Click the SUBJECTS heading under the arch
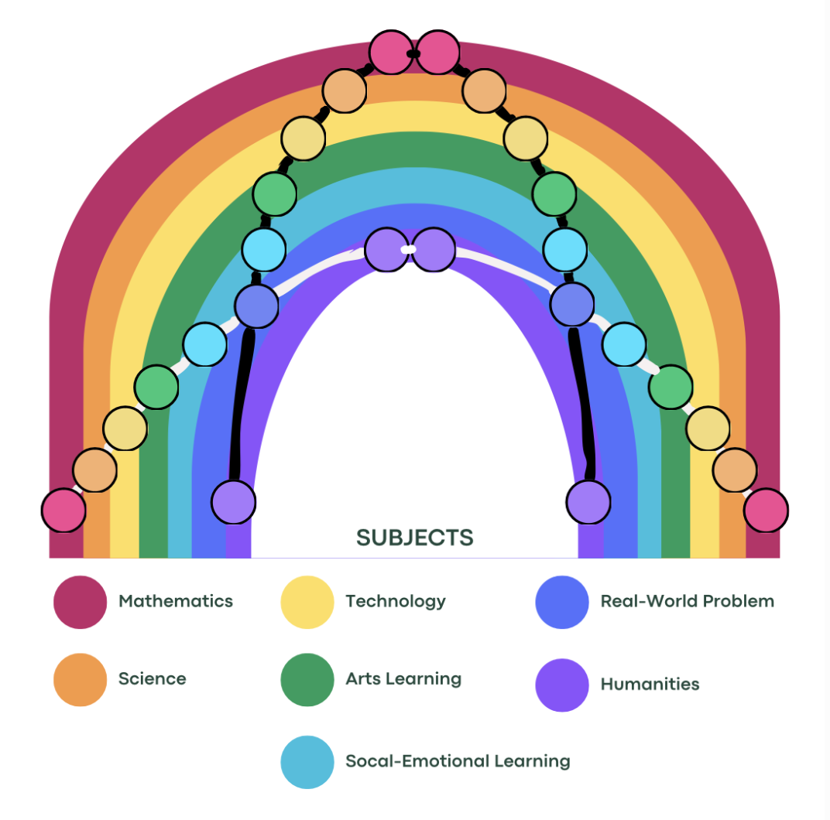point(414,537)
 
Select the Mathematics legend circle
point(80,602)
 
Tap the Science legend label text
point(152,679)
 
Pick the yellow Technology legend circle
point(307,602)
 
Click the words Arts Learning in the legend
point(403,679)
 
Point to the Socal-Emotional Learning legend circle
point(307,761)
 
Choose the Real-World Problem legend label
point(687,601)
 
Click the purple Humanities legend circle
point(562,685)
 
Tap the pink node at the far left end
point(63,511)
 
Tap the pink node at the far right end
point(766,511)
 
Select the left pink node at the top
point(391,53)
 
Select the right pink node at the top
point(438,53)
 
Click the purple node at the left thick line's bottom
point(233,502)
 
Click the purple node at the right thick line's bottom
point(588,502)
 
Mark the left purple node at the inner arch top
point(386,250)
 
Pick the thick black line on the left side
point(241,402)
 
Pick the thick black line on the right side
point(582,402)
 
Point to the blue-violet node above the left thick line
point(256,306)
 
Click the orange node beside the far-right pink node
point(734,470)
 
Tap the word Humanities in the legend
point(650,685)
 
